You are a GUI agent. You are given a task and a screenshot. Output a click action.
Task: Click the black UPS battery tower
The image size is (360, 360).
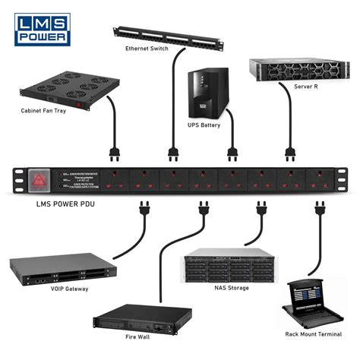205,92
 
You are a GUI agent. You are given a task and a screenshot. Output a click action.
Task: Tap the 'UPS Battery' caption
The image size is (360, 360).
204,125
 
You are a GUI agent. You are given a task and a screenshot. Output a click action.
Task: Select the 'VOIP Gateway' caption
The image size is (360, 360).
68,289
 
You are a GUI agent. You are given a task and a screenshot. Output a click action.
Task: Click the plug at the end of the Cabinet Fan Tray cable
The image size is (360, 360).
116,156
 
